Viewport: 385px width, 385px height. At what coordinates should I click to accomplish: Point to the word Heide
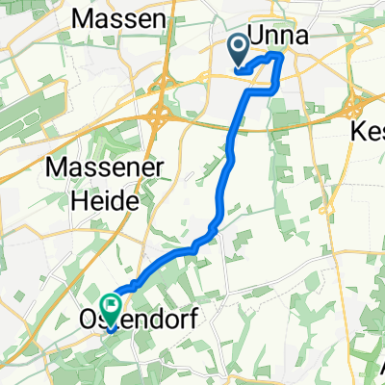click(x=109, y=199)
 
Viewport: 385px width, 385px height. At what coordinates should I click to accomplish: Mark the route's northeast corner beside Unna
click(x=280, y=58)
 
